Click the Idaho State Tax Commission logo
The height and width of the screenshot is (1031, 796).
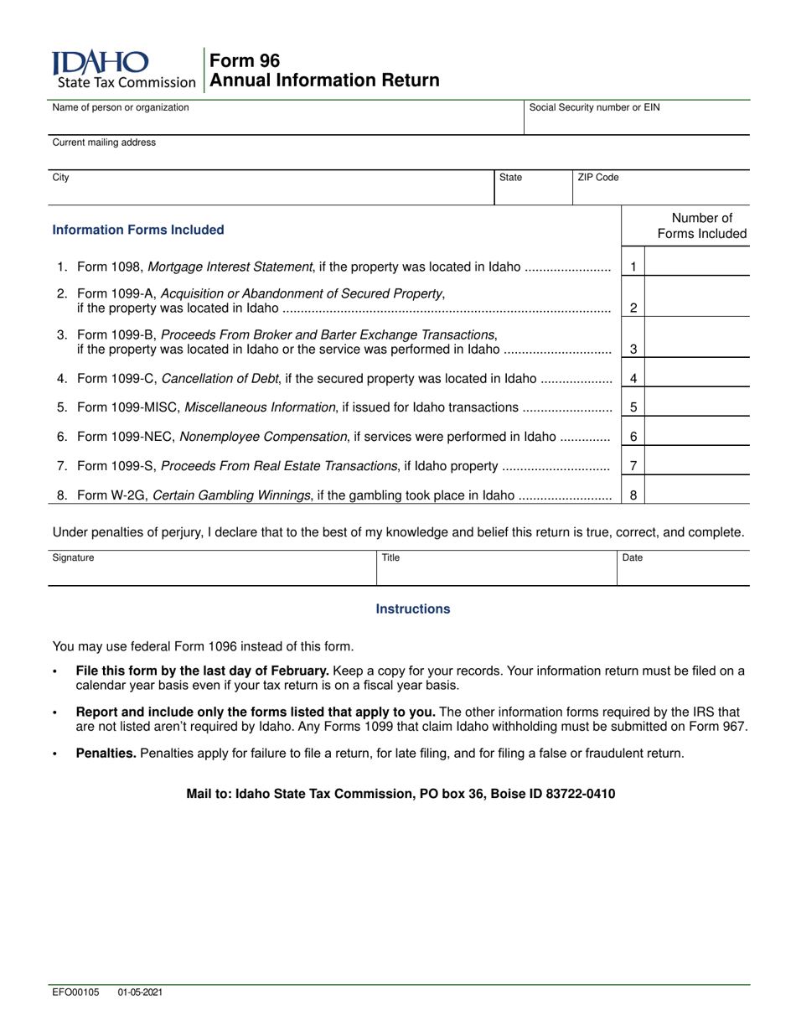[x=122, y=70]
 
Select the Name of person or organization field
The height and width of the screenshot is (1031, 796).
[x=285, y=122]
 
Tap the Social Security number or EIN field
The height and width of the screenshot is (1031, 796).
[x=637, y=122]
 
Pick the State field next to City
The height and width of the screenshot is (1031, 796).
[x=533, y=191]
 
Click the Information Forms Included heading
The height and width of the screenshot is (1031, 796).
[x=138, y=230]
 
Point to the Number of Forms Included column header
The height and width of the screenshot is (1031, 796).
[x=701, y=226]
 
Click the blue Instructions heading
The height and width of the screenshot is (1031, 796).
[x=412, y=609]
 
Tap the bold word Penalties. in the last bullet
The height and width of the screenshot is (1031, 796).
[x=106, y=754]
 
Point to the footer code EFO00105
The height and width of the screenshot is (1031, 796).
[x=75, y=992]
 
